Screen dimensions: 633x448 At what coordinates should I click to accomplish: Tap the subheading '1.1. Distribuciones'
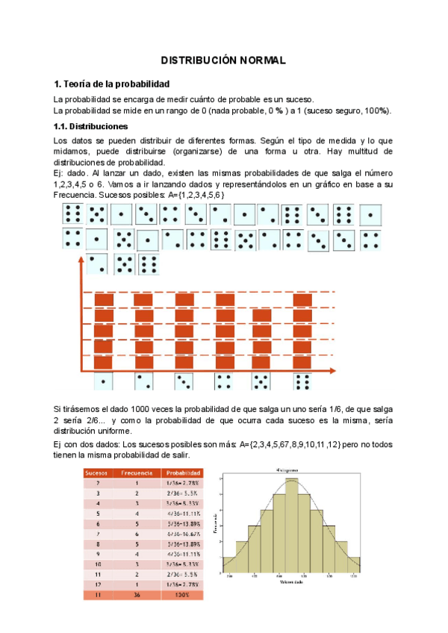pyautogui.click(x=91, y=126)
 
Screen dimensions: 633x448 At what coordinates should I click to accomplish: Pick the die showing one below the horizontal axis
pyautogui.click(x=102, y=381)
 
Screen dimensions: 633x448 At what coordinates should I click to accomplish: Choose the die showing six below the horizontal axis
pyautogui.click(x=302, y=381)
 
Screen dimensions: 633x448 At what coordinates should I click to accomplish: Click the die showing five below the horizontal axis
pyautogui.click(x=261, y=381)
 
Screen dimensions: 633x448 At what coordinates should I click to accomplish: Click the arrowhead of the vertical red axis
pyautogui.click(x=78, y=261)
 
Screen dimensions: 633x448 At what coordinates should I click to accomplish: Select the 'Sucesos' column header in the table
pyautogui.click(x=98, y=473)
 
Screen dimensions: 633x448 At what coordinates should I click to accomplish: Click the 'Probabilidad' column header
pyautogui.click(x=182, y=473)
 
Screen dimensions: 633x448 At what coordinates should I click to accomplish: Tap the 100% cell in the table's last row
pyautogui.click(x=182, y=594)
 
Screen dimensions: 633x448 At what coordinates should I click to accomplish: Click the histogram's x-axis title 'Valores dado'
pyautogui.click(x=291, y=584)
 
